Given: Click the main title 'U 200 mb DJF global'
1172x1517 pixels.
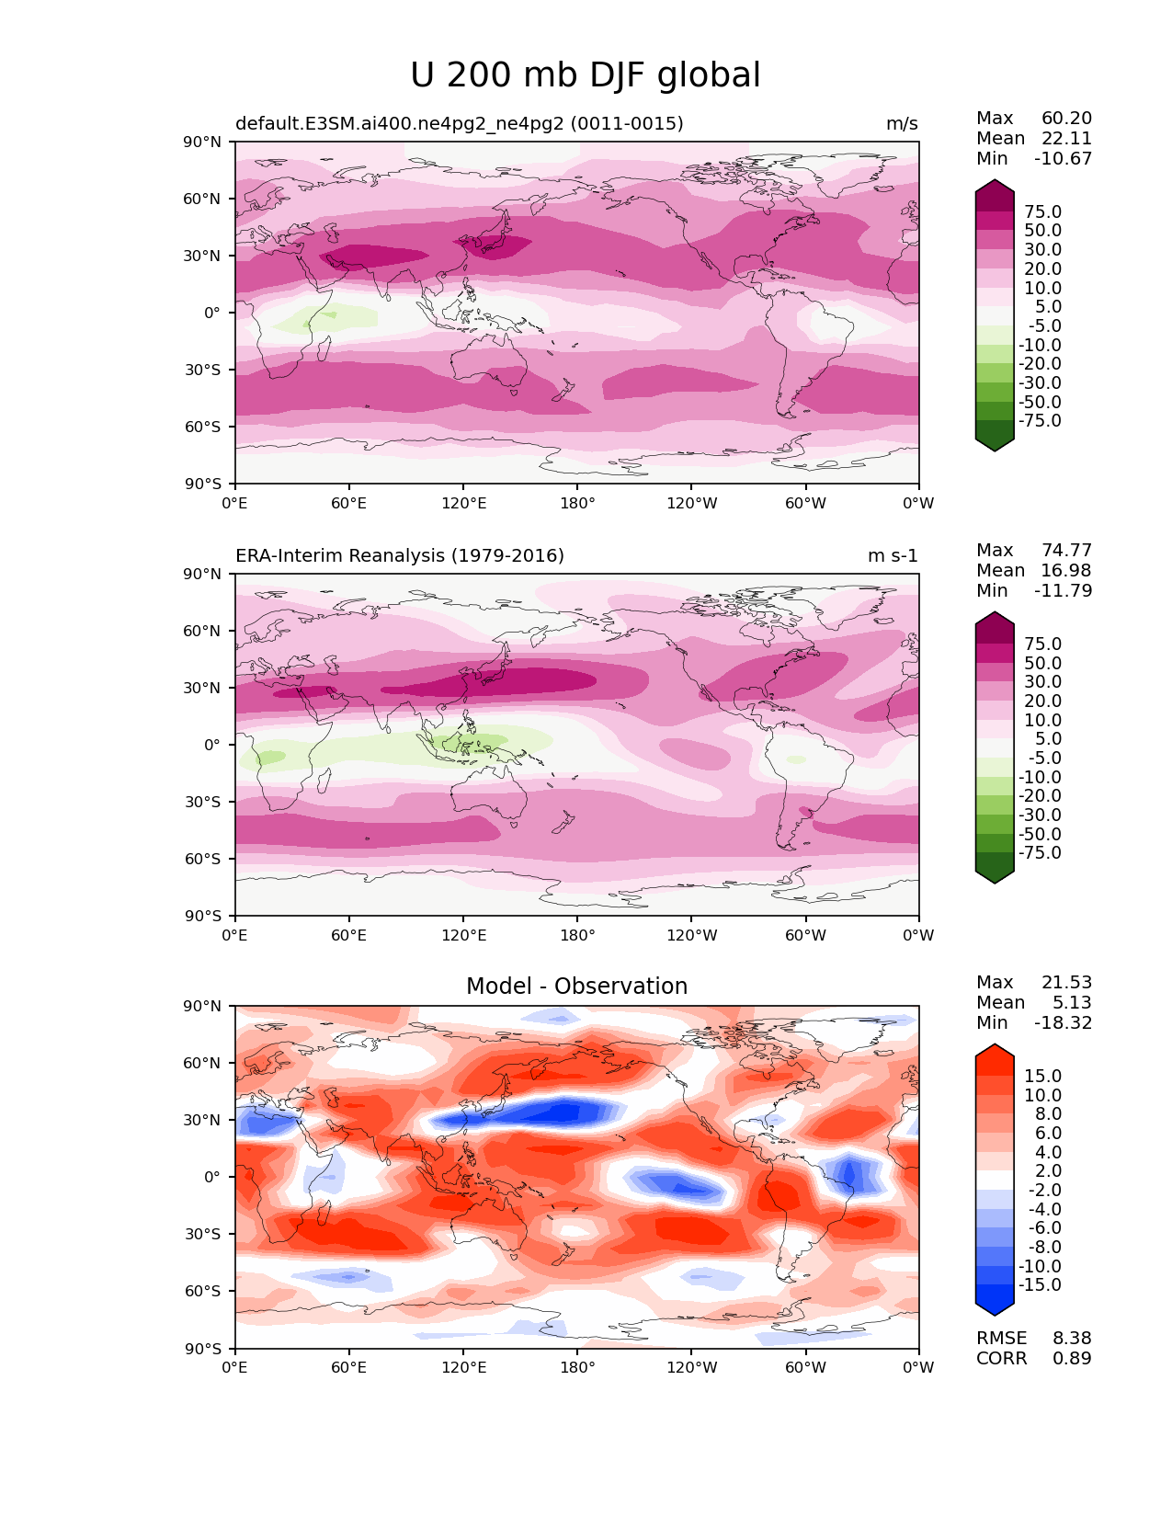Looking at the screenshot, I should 585,75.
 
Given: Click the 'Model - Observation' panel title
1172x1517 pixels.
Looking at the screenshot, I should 576,987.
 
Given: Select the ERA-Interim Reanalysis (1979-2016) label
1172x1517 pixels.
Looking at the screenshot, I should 400,555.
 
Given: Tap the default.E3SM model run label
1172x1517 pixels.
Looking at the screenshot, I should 459,123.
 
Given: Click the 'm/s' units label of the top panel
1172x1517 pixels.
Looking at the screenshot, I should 901,123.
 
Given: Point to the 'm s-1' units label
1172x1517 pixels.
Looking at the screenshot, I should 892,555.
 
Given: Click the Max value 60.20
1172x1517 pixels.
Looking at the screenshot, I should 1066,118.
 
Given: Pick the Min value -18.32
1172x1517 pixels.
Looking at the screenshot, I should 1063,1022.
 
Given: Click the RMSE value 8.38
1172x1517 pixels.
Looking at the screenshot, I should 1072,1338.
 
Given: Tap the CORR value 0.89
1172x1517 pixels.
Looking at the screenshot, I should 1072,1358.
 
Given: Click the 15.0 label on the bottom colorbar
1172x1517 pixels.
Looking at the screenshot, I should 1042,1076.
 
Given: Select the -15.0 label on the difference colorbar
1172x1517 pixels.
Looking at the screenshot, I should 1040,1284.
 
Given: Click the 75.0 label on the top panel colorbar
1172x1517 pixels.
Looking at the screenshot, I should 1042,211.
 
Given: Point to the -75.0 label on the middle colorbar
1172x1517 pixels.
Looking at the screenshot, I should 1040,852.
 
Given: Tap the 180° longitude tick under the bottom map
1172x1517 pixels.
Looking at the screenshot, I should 577,1367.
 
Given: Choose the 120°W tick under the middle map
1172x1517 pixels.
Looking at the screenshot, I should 691,935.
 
